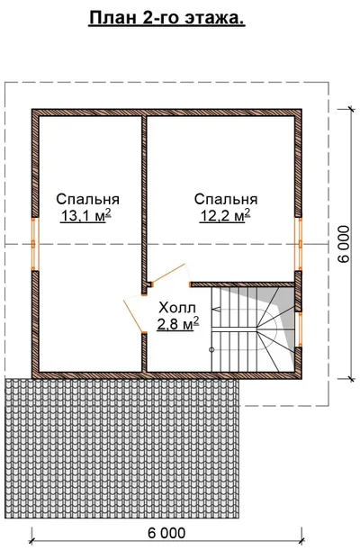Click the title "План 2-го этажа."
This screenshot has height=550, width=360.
pyautogui.click(x=166, y=17)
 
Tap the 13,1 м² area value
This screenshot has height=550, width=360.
pyautogui.click(x=86, y=216)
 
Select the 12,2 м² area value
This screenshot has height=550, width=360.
pyautogui.click(x=225, y=216)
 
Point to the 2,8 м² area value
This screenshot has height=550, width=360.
pyautogui.click(x=178, y=324)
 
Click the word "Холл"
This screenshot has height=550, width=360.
pyautogui.click(x=177, y=308)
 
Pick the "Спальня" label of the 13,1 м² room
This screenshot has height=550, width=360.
pyautogui.click(x=88, y=199)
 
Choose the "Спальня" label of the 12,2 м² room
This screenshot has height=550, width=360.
pyautogui.click(x=226, y=199)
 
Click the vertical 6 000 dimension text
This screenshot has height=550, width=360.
pyautogui.click(x=344, y=243)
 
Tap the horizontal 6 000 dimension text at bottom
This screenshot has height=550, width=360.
pyautogui.click(x=166, y=533)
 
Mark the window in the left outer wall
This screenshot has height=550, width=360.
pyautogui.click(x=35, y=244)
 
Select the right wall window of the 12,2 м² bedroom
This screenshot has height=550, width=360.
pyautogui.click(x=298, y=244)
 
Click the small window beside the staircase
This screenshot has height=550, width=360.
pyautogui.click(x=299, y=329)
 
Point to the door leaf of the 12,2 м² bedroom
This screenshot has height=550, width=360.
pyautogui.click(x=168, y=274)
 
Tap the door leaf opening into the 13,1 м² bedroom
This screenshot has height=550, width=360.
pyautogui.click(x=133, y=316)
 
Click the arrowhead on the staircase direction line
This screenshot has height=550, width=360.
pyautogui.click(x=216, y=310)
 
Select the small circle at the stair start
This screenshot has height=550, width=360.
pyautogui.click(x=211, y=349)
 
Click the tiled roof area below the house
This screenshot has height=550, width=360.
pyautogui.click(x=122, y=448)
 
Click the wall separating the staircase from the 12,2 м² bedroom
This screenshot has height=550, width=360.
pyautogui.click(x=243, y=284)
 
